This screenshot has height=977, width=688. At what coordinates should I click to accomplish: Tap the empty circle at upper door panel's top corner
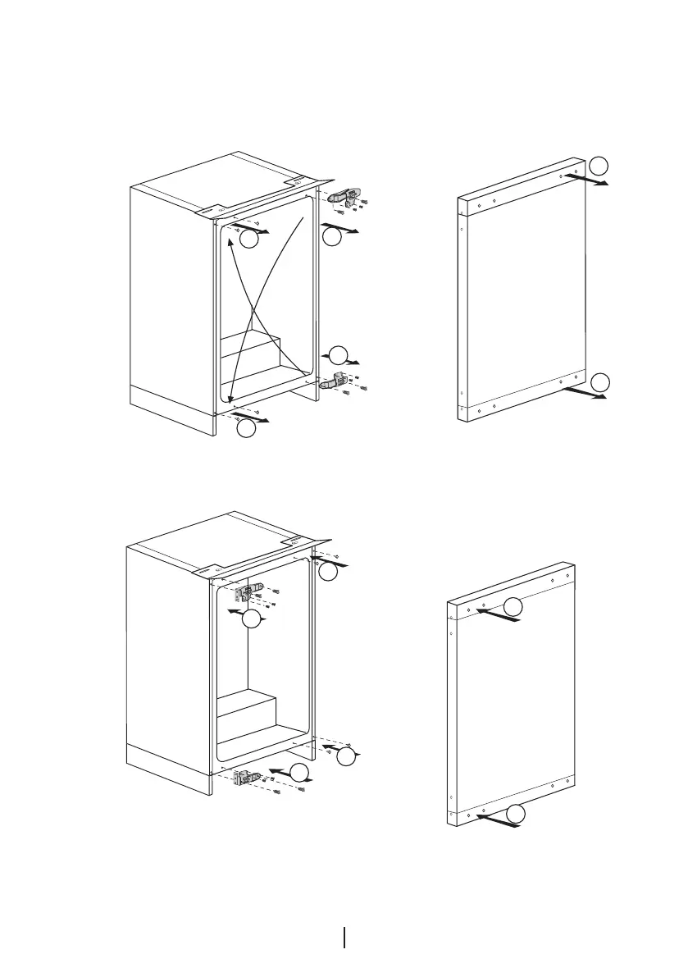coord(600,164)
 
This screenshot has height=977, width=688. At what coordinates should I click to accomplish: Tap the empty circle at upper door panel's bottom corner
coord(601,381)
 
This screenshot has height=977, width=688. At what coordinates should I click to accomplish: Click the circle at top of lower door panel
coord(513,606)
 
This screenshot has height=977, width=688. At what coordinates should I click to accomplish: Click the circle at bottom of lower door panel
coord(514,814)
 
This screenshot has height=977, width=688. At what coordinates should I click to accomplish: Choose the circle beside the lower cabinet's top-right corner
coord(328,573)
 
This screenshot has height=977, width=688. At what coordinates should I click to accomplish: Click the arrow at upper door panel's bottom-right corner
coord(589,395)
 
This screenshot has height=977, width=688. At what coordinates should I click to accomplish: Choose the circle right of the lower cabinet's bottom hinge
coord(300,771)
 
